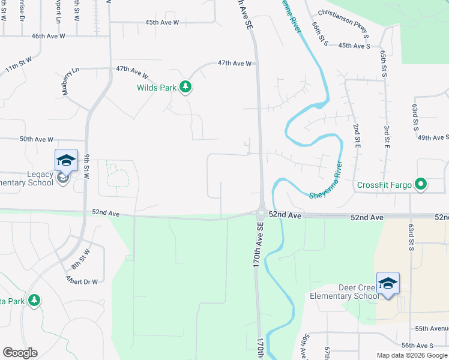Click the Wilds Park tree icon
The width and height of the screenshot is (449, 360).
[186, 88]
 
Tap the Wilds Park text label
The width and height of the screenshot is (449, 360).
[155, 88]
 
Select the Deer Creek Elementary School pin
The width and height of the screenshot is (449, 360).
[388, 284]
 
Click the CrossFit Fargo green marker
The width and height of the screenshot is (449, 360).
[421, 184]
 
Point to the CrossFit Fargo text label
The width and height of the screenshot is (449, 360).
[384, 185]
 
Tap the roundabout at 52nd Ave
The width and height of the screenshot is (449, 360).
[261, 213]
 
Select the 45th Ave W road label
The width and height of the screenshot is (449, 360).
[162, 22]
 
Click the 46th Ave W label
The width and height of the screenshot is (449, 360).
[48, 36]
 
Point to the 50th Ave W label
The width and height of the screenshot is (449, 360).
[37, 139]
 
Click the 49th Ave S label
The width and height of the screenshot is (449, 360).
[433, 137]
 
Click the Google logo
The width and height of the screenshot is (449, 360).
[20, 353]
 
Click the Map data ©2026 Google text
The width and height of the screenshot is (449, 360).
[411, 355]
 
